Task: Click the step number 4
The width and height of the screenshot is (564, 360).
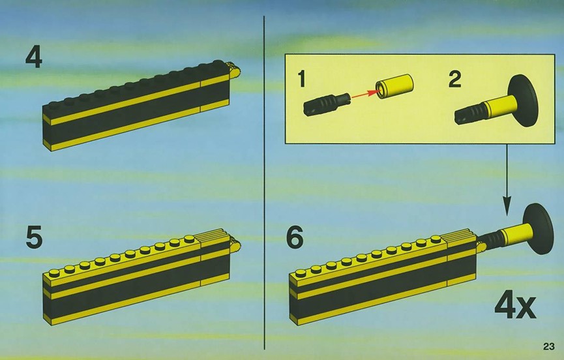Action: tap(34, 57)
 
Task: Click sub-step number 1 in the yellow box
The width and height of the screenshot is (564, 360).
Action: tap(302, 79)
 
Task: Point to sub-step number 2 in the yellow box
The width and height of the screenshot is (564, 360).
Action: tap(454, 79)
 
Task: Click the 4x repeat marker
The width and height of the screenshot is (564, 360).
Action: tap(516, 307)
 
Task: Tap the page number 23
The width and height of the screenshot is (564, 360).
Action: tap(549, 347)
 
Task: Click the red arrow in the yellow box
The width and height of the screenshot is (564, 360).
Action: tap(364, 93)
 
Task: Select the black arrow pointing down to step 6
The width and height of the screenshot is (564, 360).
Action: tap(507, 179)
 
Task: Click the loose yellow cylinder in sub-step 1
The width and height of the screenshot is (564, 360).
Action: tap(394, 86)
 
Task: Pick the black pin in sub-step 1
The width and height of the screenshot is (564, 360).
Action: tap(326, 104)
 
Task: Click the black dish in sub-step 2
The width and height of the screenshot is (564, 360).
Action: tap(523, 100)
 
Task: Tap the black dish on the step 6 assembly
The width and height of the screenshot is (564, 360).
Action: tap(538, 229)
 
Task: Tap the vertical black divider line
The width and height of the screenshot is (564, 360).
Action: tap(264, 183)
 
